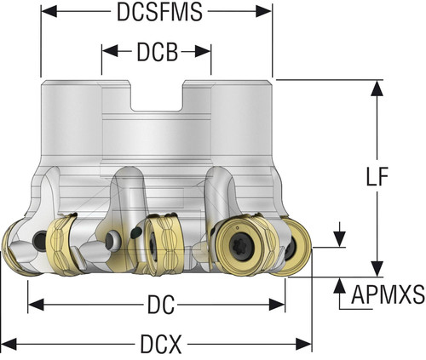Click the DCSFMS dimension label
159,12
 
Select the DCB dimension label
158,52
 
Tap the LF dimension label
377,177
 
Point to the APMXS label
388,294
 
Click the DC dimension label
161,305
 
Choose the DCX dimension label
161,345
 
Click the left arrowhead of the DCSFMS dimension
49,11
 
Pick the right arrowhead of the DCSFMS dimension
264,11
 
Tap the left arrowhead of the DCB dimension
110,51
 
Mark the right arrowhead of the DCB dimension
203,51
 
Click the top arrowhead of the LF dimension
377,88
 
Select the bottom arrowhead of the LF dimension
377,269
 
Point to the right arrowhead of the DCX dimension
304,344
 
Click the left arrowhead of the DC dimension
36,305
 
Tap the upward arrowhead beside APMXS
340,285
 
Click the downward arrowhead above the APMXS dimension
340,239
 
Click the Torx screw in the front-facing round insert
241,245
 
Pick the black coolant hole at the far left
40,241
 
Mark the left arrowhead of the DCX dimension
9,344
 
